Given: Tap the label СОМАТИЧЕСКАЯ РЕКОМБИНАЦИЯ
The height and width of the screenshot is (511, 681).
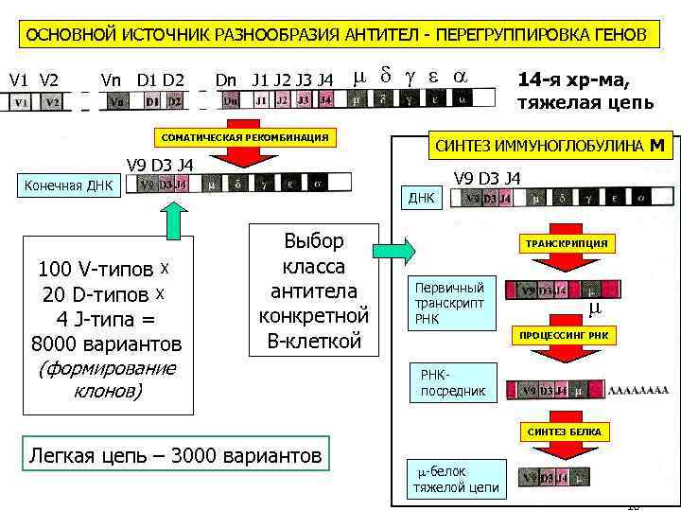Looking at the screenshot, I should (247, 138).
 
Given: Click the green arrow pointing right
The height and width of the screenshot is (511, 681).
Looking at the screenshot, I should (393, 251).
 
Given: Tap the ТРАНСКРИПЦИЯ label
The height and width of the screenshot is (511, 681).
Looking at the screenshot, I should (567, 243).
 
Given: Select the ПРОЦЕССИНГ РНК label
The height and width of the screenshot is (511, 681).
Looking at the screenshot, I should (564, 336).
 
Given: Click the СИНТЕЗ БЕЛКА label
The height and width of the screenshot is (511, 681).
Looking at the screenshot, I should (564, 432).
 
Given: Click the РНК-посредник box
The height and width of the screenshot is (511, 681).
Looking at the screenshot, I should (453, 383).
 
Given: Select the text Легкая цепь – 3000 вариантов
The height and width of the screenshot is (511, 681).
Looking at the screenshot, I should (175, 455).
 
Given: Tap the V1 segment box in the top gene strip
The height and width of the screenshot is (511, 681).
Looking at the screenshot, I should (21, 101).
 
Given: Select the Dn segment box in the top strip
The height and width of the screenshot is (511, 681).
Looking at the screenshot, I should (230, 99).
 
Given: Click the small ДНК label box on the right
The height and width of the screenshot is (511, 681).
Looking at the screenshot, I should (421, 199).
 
